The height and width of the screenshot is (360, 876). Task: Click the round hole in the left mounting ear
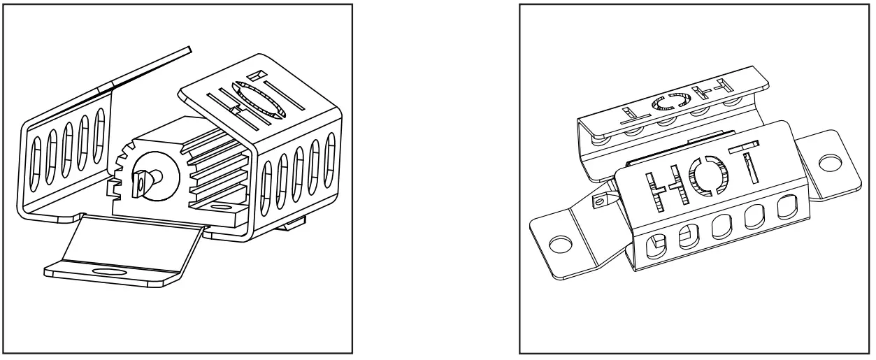[558, 244]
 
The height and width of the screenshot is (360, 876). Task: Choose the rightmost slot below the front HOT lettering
[789, 207]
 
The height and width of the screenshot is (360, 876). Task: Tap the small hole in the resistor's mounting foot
[222, 208]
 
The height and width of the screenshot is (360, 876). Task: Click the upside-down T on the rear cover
[623, 111]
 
